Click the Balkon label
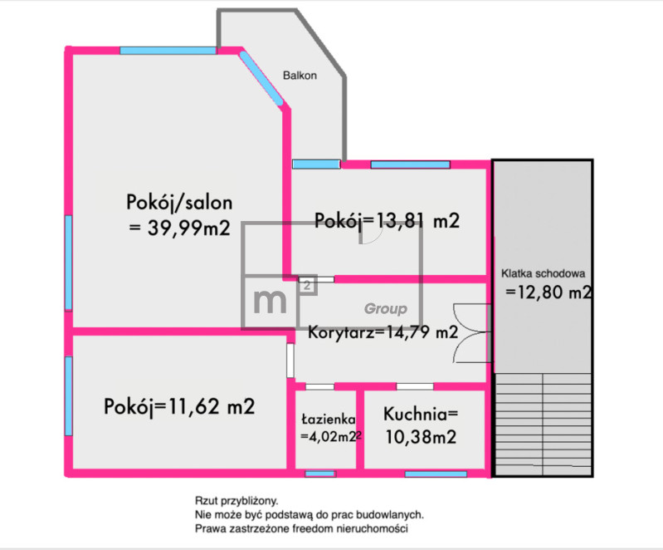click(300, 76)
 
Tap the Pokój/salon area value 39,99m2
click(188, 228)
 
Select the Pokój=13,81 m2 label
click(387, 221)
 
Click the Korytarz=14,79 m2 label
click(383, 332)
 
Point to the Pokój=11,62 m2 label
click(179, 406)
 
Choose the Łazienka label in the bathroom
click(328, 420)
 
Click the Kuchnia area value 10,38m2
click(421, 437)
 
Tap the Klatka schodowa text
click(543, 273)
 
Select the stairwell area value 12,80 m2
click(548, 292)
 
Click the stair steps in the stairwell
click(543, 425)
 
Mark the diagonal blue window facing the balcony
click(261, 78)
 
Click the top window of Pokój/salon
click(168, 51)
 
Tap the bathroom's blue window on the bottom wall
click(320, 474)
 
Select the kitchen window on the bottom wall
click(436, 474)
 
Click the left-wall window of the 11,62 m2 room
click(69, 395)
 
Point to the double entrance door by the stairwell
click(471, 333)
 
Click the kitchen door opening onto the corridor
click(415, 386)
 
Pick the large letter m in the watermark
click(270, 301)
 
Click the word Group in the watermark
click(386, 309)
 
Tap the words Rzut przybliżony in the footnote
click(236, 501)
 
